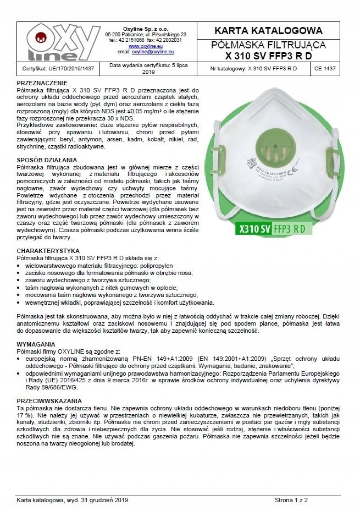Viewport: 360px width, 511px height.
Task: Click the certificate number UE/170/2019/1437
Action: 58,69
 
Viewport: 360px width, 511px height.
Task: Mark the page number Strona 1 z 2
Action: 292,500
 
